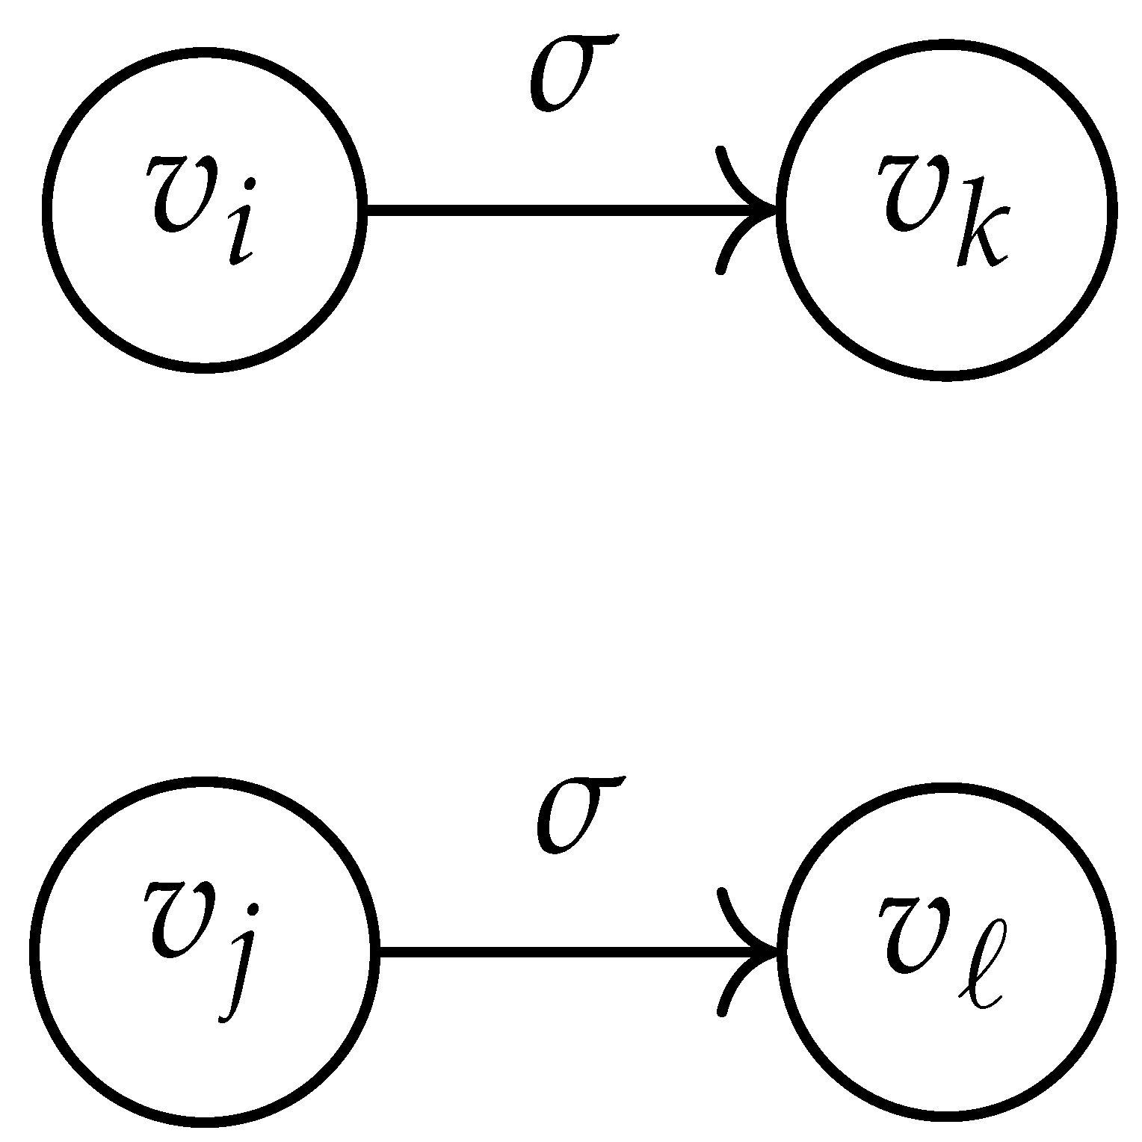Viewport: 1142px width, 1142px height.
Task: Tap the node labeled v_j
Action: pos(204,951)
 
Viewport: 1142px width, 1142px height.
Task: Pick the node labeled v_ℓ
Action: pos(946,951)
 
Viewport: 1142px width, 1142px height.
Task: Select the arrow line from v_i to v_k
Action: pos(553,209)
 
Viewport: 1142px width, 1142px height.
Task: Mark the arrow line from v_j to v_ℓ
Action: pos(561,951)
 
